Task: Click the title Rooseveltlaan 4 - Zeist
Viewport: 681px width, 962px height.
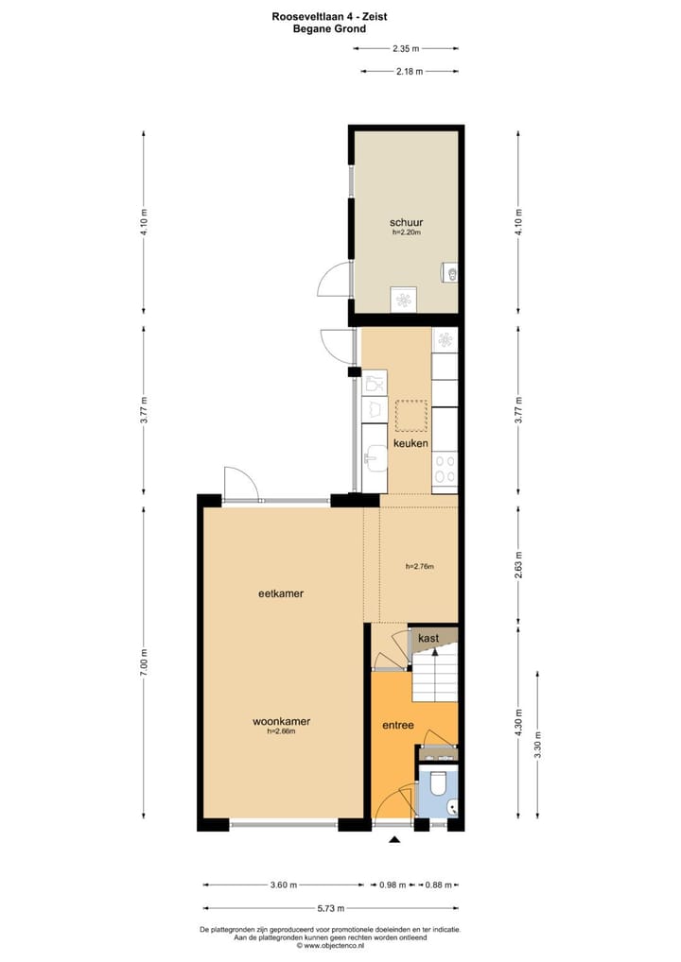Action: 329,16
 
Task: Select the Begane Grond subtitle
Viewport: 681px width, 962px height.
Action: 329,28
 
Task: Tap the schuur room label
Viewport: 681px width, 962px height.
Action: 406,222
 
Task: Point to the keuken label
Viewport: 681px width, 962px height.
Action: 411,442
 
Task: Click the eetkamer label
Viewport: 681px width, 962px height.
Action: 287,593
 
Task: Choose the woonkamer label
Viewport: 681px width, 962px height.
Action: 282,721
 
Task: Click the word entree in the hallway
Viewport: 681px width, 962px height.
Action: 396,725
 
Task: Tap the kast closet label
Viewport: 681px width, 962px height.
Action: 428,639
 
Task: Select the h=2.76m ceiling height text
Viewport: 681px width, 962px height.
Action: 419,567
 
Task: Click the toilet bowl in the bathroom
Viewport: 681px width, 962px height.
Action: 438,784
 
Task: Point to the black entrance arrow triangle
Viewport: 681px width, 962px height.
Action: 394,838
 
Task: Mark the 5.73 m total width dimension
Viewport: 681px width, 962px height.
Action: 330,908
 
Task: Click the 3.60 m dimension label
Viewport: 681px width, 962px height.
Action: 284,885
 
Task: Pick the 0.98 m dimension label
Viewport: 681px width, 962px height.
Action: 392,885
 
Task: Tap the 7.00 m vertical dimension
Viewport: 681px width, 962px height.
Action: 145,661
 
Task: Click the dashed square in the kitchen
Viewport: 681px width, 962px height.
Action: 411,415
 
